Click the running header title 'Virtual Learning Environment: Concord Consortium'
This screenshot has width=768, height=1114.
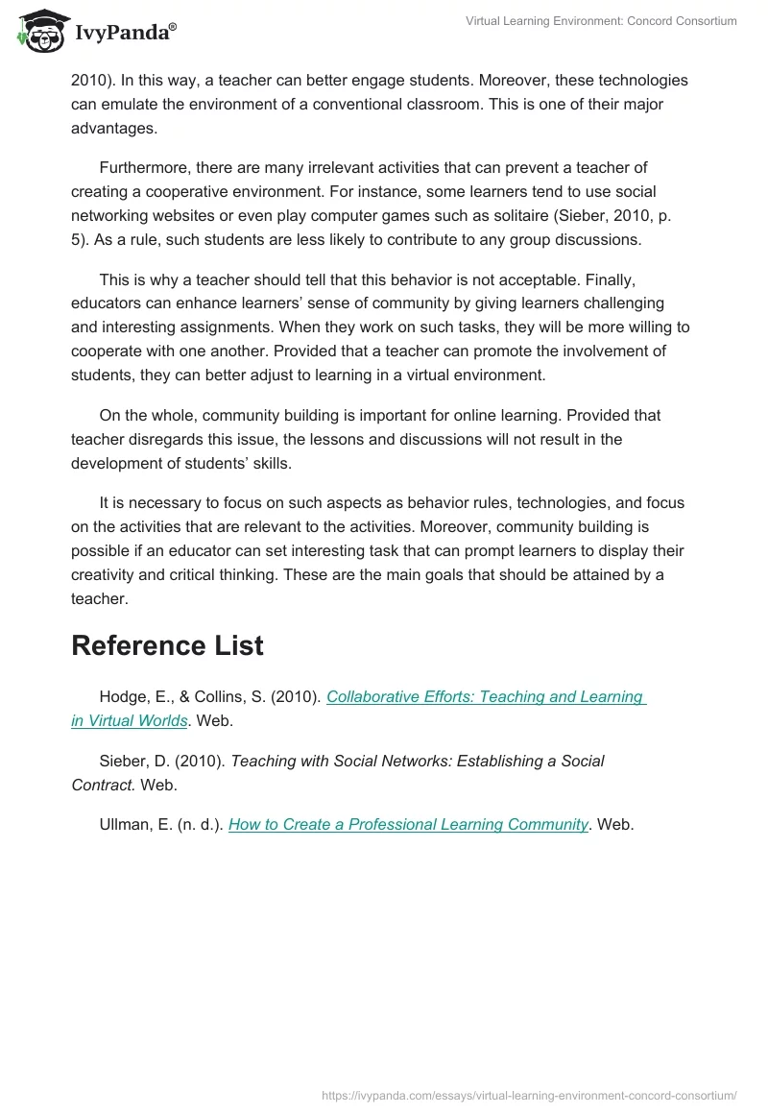[x=600, y=21]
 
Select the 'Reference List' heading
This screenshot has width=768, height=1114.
[x=167, y=646]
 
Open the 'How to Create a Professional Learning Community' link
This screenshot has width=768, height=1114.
[x=408, y=824]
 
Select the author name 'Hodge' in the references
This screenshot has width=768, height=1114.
[x=122, y=697]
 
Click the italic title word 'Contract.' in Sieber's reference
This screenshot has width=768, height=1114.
[x=104, y=784]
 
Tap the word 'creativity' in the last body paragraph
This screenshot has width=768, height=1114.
[x=105, y=575]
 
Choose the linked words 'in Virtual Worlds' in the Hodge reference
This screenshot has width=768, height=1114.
[x=129, y=720]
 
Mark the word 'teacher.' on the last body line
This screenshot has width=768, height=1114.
[x=99, y=598]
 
